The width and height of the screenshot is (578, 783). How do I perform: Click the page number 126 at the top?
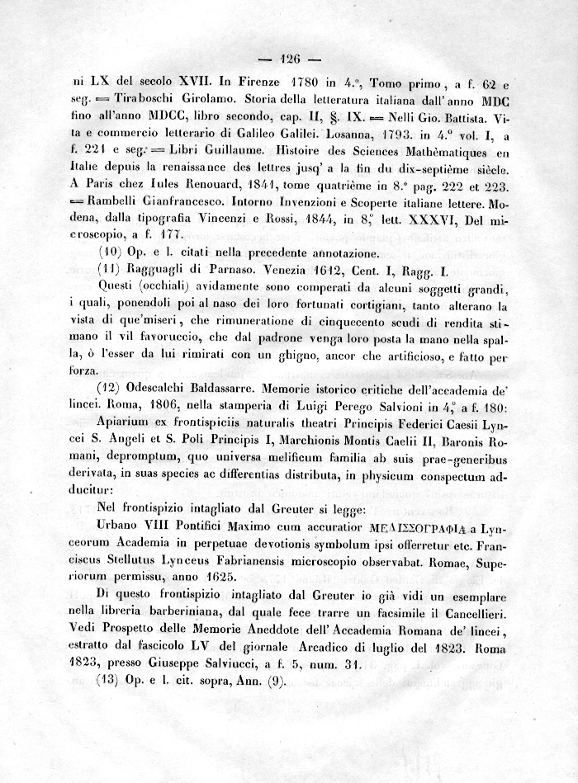288,59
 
